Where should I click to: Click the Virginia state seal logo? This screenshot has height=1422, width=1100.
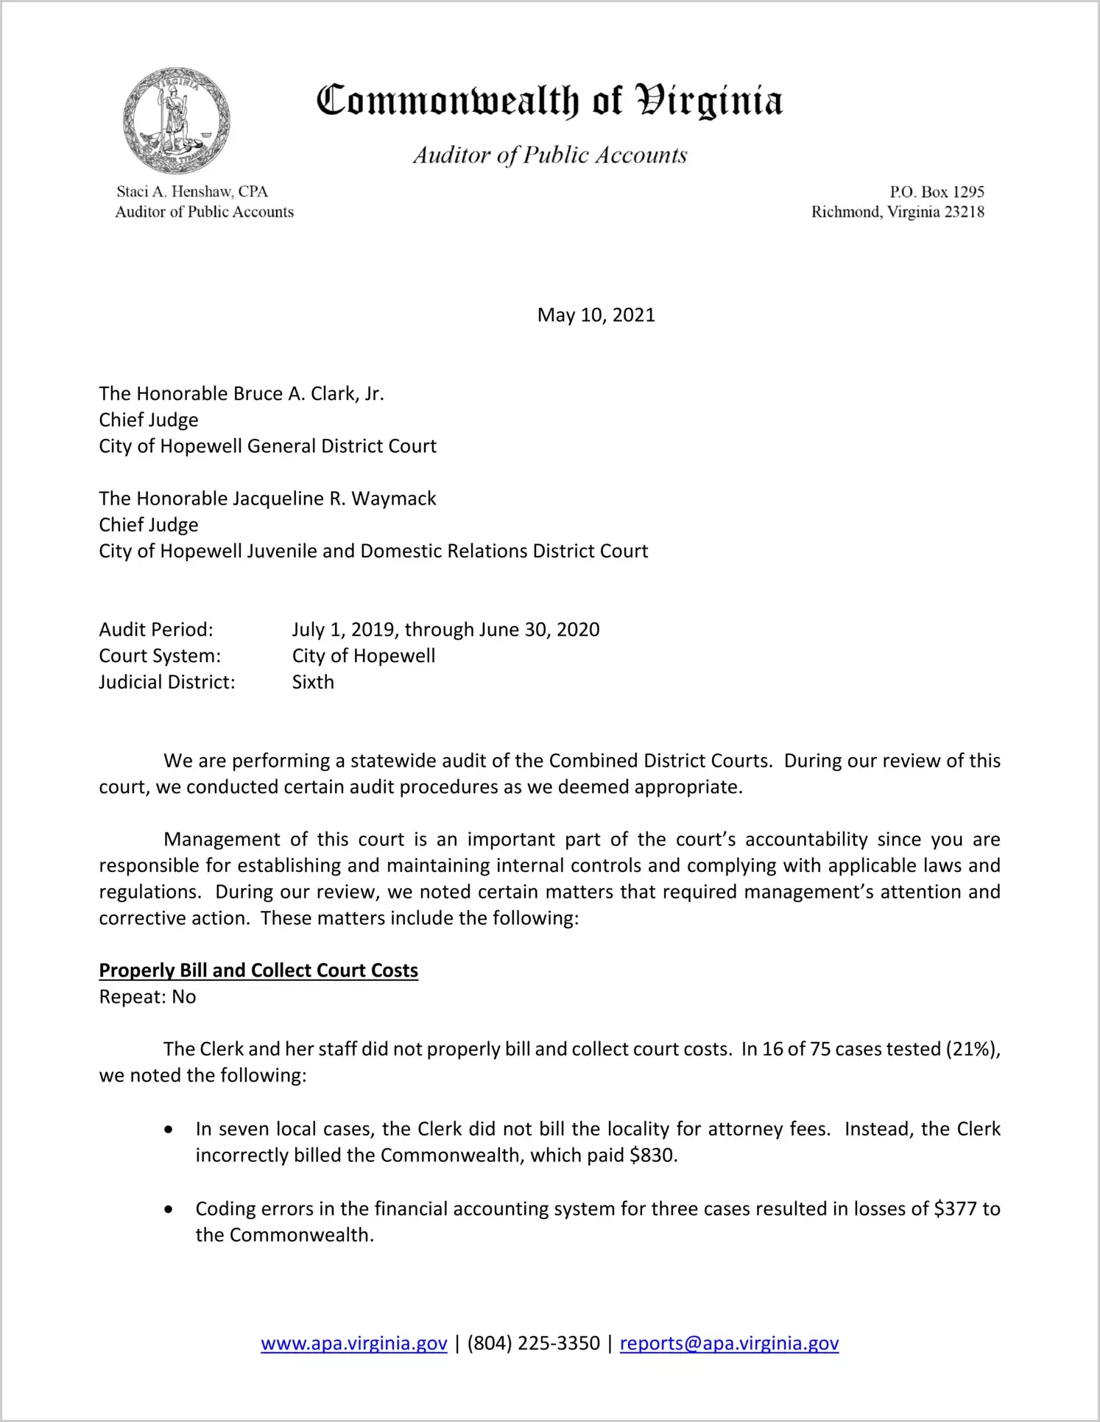(x=176, y=121)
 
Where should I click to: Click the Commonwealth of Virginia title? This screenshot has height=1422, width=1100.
(x=549, y=101)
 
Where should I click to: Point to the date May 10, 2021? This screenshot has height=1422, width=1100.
(x=596, y=315)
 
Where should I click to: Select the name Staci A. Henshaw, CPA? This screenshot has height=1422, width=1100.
(x=192, y=191)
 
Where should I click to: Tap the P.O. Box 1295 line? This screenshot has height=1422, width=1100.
(x=937, y=191)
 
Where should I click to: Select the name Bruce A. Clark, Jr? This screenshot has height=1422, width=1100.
(x=309, y=394)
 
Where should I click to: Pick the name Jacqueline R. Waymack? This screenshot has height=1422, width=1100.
(x=334, y=499)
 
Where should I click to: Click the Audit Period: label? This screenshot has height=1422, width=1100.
(x=156, y=630)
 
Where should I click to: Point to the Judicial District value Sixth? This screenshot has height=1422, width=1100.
(x=313, y=682)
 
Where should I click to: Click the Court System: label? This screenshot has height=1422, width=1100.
(x=160, y=655)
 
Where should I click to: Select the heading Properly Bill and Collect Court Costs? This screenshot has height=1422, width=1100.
(x=258, y=971)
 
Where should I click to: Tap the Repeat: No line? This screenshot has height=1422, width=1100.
(x=147, y=997)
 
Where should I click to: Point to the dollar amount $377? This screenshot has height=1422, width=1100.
(x=955, y=1208)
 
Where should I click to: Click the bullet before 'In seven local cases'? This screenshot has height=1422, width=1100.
(x=169, y=1130)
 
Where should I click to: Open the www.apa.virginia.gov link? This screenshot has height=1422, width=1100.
(x=354, y=1343)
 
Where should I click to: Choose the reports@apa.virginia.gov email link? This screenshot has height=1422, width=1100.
(x=729, y=1343)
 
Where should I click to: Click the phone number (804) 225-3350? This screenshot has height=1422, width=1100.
(x=533, y=1343)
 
